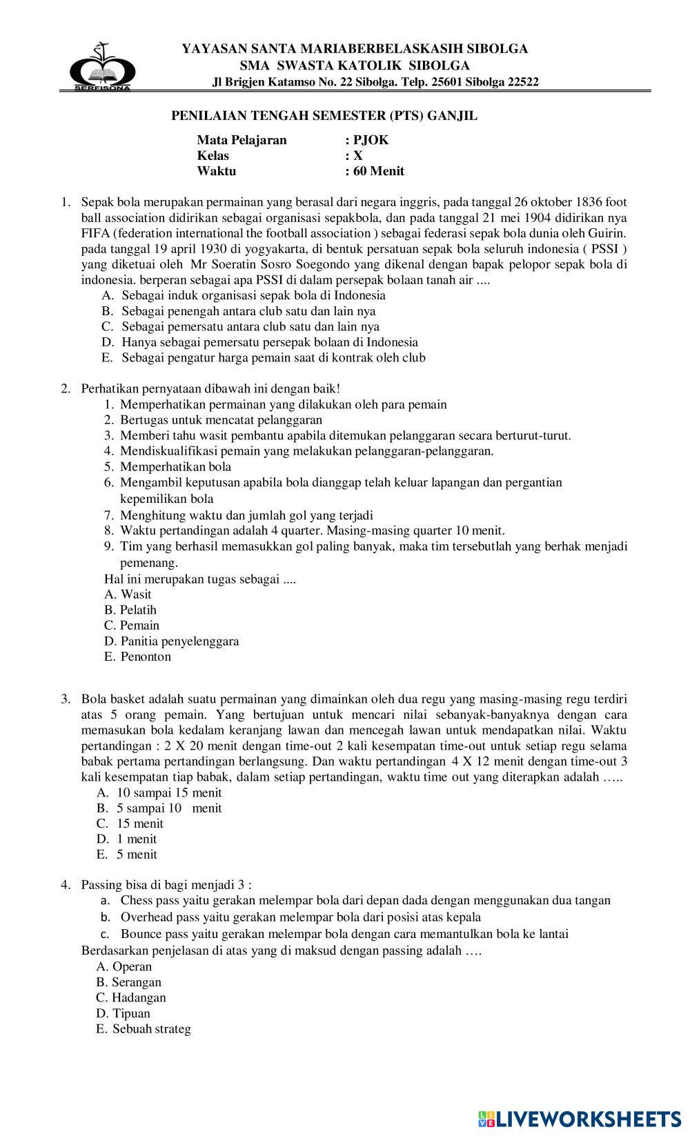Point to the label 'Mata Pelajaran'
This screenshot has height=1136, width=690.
click(x=241, y=140)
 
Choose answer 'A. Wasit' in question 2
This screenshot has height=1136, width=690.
click(x=128, y=594)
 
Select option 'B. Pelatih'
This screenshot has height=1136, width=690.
click(x=130, y=610)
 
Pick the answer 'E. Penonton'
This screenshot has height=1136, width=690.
click(x=137, y=657)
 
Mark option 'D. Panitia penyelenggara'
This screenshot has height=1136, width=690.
click(x=171, y=641)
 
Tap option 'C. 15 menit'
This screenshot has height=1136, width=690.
click(x=130, y=824)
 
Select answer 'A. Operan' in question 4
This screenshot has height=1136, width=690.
click(x=124, y=966)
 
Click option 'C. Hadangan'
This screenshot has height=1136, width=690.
click(x=131, y=997)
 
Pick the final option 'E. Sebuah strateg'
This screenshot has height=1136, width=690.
click(x=144, y=1029)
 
